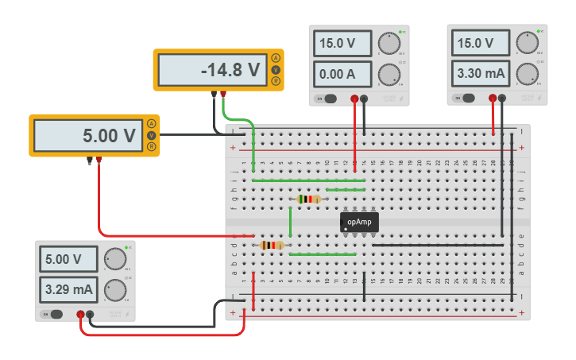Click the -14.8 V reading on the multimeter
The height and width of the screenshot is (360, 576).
pyautogui.click(x=211, y=71)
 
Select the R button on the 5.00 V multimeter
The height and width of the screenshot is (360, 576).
pyautogui.click(x=151, y=146)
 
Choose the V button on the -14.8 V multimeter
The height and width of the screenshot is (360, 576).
pyautogui.click(x=276, y=70)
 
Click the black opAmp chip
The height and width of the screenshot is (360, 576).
pyautogui.click(x=359, y=222)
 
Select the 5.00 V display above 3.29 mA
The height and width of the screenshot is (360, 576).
pyautogui.click(x=69, y=259)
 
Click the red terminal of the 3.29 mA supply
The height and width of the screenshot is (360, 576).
pyautogui.click(x=80, y=315)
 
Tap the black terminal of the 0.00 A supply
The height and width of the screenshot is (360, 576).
pyautogui.click(x=364, y=99)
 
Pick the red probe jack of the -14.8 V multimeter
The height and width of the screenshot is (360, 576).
pyautogui.click(x=223, y=95)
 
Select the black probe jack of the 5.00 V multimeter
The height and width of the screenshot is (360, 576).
pyautogui.click(x=89, y=161)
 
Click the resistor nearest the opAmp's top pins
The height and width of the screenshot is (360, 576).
pyautogui.click(x=308, y=199)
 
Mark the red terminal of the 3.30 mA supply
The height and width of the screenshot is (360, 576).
pyautogui.click(x=493, y=99)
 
